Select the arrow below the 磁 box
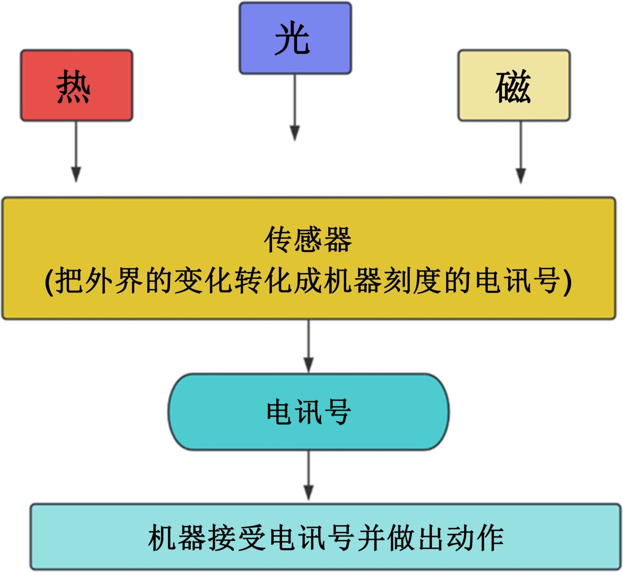(x=521, y=152)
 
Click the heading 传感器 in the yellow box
(x=308, y=240)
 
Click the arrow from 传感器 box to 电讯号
(x=308, y=346)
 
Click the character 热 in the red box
(x=73, y=86)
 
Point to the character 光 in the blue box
(x=292, y=39)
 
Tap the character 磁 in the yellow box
(x=513, y=86)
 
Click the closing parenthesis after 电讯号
(x=568, y=281)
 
